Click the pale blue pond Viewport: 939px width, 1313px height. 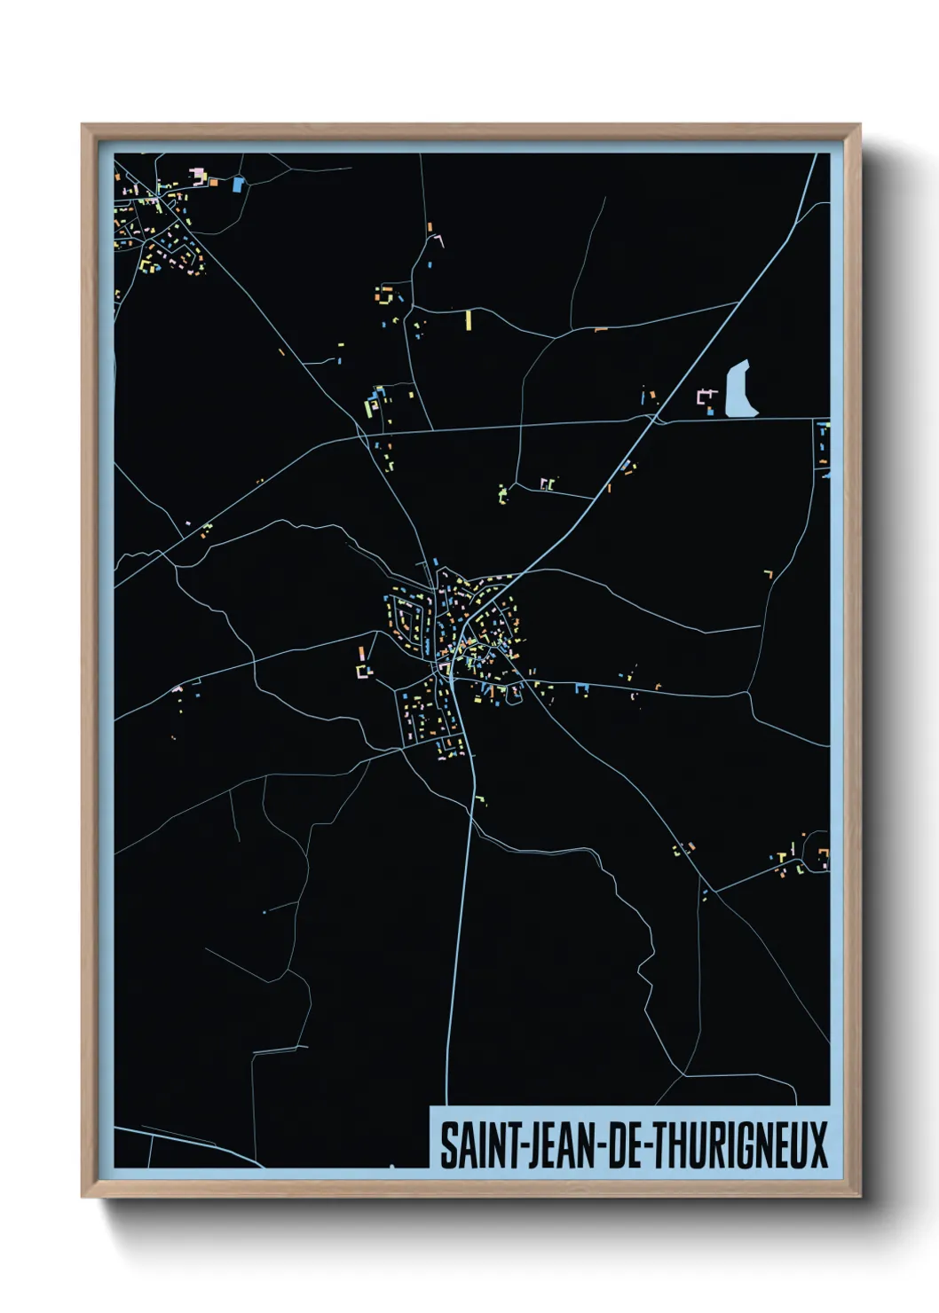coord(740,391)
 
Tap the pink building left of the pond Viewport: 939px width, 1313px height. coord(707,397)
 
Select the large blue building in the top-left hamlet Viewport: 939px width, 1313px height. coord(237,185)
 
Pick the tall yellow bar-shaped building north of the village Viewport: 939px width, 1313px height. coord(468,319)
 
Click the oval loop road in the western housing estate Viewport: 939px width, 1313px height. coord(407,617)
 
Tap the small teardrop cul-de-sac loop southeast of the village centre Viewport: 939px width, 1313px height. coord(514,696)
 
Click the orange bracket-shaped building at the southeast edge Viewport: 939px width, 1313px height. coord(824,856)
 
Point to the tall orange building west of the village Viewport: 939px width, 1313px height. coord(362,655)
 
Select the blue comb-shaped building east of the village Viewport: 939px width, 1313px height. coord(582,687)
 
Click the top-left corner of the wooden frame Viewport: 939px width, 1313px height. coord(83,126)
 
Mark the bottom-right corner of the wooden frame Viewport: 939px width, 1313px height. coord(859,1197)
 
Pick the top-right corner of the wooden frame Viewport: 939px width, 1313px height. coord(859,126)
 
